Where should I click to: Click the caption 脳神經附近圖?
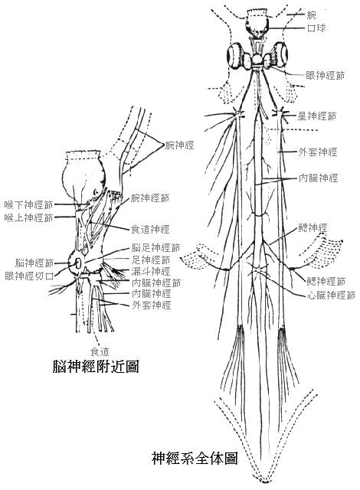96,366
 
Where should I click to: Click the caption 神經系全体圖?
195,459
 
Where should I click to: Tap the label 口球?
316,28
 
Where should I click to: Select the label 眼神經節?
325,75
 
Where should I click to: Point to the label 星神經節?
316,116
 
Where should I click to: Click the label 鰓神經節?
326,282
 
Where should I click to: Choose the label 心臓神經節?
331,295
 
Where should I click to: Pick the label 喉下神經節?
29,205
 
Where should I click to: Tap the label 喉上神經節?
29,217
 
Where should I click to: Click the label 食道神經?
150,230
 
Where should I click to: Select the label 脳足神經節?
155,248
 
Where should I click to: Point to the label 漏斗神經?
151,271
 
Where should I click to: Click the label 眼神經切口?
29,276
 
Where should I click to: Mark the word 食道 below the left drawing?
100,352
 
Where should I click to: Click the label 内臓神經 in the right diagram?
318,178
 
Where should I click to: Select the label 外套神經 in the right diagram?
317,152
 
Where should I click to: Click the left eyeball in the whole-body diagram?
235,55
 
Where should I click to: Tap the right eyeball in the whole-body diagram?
280,55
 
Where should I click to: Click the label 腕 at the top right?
312,15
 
